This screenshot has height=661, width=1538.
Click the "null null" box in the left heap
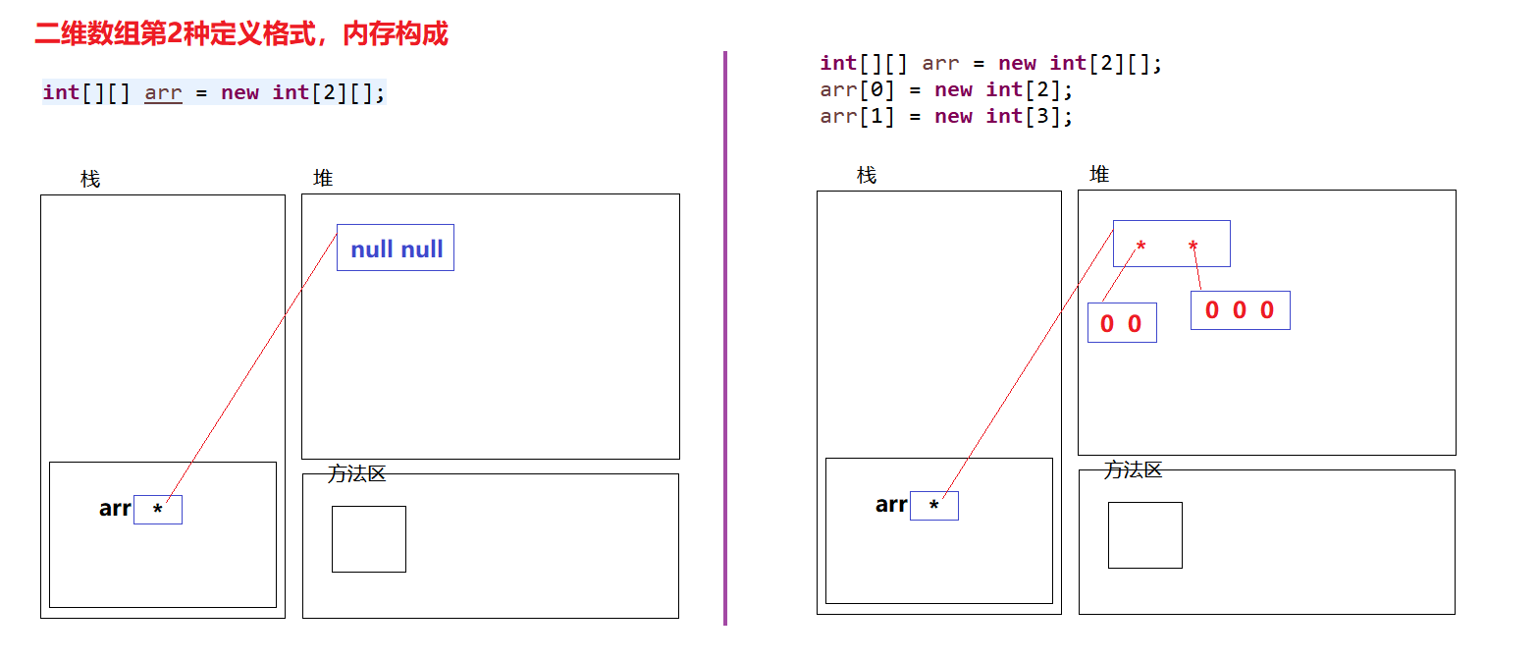396,248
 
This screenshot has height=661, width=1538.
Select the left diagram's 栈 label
90,180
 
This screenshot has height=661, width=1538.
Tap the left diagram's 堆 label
323,178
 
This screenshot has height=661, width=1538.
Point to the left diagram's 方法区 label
357,473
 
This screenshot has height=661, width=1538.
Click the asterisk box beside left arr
158,510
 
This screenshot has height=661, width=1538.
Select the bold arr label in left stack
115,509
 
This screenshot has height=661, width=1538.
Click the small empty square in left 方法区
369,538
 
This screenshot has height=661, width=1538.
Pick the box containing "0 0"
1122,323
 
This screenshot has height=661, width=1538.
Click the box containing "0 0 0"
1240,310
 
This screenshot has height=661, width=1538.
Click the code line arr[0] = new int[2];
946,90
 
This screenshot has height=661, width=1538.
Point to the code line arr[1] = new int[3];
946,117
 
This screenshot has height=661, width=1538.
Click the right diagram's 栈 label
867,176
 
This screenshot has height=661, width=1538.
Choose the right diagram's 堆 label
1099,174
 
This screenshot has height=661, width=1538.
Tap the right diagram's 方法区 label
1134,469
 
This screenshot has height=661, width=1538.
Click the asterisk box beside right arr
934,506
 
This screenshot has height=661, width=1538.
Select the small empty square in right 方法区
1145,534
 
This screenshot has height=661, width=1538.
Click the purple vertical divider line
725,339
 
